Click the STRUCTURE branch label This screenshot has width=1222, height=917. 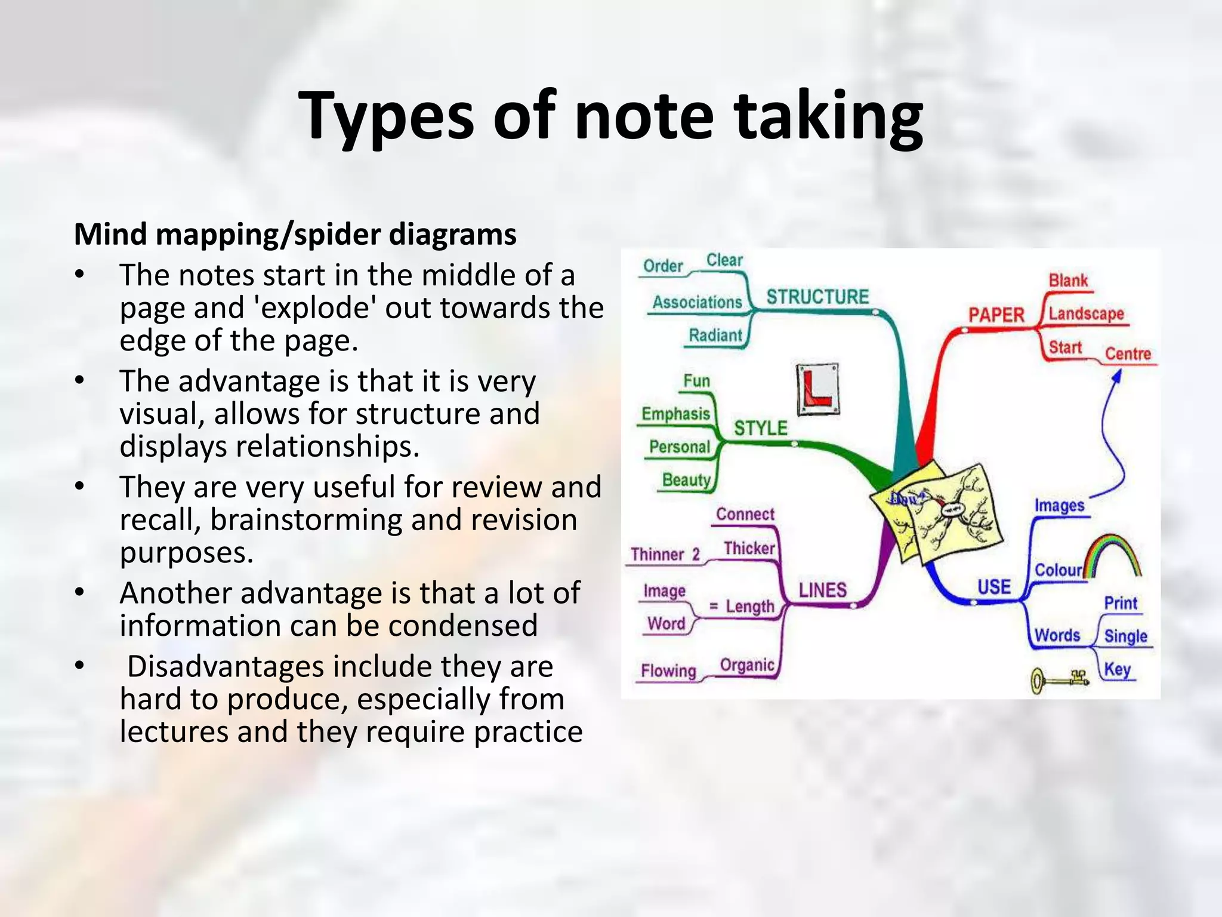(817, 297)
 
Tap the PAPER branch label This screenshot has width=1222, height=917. (996, 315)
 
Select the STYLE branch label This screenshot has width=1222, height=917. (761, 428)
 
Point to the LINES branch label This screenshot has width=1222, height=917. (822, 590)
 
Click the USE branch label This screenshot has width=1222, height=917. (994, 587)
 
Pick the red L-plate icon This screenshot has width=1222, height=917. (818, 389)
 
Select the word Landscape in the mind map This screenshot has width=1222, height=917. (1086, 313)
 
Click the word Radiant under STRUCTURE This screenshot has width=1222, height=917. (715, 336)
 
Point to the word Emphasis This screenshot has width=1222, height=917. (675, 414)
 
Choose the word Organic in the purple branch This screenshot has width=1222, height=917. (747, 665)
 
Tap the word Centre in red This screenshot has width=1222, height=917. (1128, 353)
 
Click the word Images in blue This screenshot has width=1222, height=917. (1059, 506)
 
